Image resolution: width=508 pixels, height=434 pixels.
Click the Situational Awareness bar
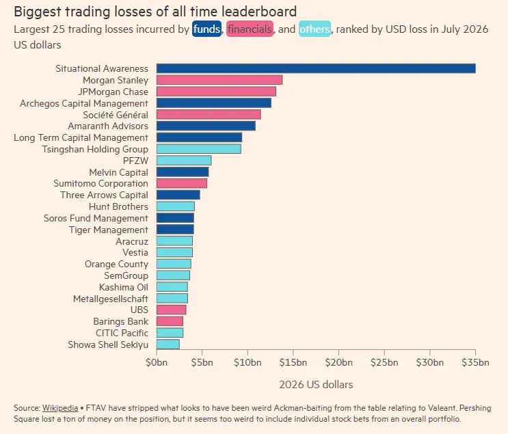pyautogui.click(x=316, y=68)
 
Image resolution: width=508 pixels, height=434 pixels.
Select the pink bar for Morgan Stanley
pyautogui.click(x=219, y=80)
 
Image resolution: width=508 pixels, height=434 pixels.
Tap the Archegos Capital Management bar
pyautogui.click(x=214, y=103)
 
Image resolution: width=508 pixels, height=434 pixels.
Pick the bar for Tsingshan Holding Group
pyautogui.click(x=198, y=149)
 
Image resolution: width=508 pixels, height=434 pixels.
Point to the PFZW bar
pyautogui.click(x=184, y=161)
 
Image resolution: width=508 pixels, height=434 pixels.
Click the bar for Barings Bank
pyautogui.click(x=170, y=321)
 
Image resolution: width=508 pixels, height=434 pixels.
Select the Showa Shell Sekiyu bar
pyautogui.click(x=168, y=344)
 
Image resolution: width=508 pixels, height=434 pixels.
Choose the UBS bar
pyautogui.click(x=171, y=310)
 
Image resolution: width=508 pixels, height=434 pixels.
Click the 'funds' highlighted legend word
pyautogui.click(x=206, y=29)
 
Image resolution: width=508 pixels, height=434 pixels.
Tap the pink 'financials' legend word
pyautogui.click(x=250, y=29)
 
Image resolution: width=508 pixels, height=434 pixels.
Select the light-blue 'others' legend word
pyautogui.click(x=315, y=29)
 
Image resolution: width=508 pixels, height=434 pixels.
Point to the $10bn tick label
pyautogui.click(x=248, y=362)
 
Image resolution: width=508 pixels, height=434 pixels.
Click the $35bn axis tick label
pyautogui.click(x=475, y=362)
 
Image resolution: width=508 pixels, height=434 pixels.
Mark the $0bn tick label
pyautogui.click(x=157, y=362)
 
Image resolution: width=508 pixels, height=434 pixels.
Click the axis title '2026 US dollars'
pyautogui.click(x=316, y=384)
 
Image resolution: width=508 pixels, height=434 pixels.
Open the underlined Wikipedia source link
pyautogui.click(x=60, y=408)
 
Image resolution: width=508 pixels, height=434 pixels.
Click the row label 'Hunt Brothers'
pyautogui.click(x=118, y=206)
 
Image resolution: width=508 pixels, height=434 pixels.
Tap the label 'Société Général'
pyautogui.click(x=116, y=115)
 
